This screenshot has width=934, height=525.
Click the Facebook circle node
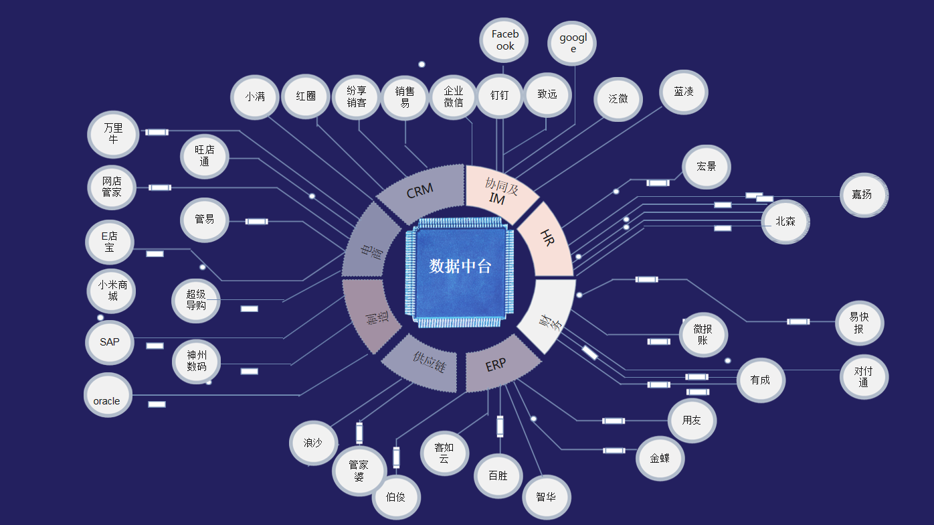tap(504, 40)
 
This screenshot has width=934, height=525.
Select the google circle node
tap(572, 44)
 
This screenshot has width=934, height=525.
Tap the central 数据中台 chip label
tap(460, 266)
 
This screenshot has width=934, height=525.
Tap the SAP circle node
tap(110, 342)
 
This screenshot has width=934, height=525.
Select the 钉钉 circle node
tap(499, 96)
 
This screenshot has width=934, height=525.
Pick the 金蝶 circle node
tap(660, 459)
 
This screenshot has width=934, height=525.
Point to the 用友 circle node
tap(692, 421)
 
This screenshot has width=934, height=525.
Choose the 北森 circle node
tap(785, 222)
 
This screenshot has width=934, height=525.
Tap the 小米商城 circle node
tap(112, 290)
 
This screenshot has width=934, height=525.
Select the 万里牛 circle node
tap(113, 134)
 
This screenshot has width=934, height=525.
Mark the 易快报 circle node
tap(859, 323)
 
